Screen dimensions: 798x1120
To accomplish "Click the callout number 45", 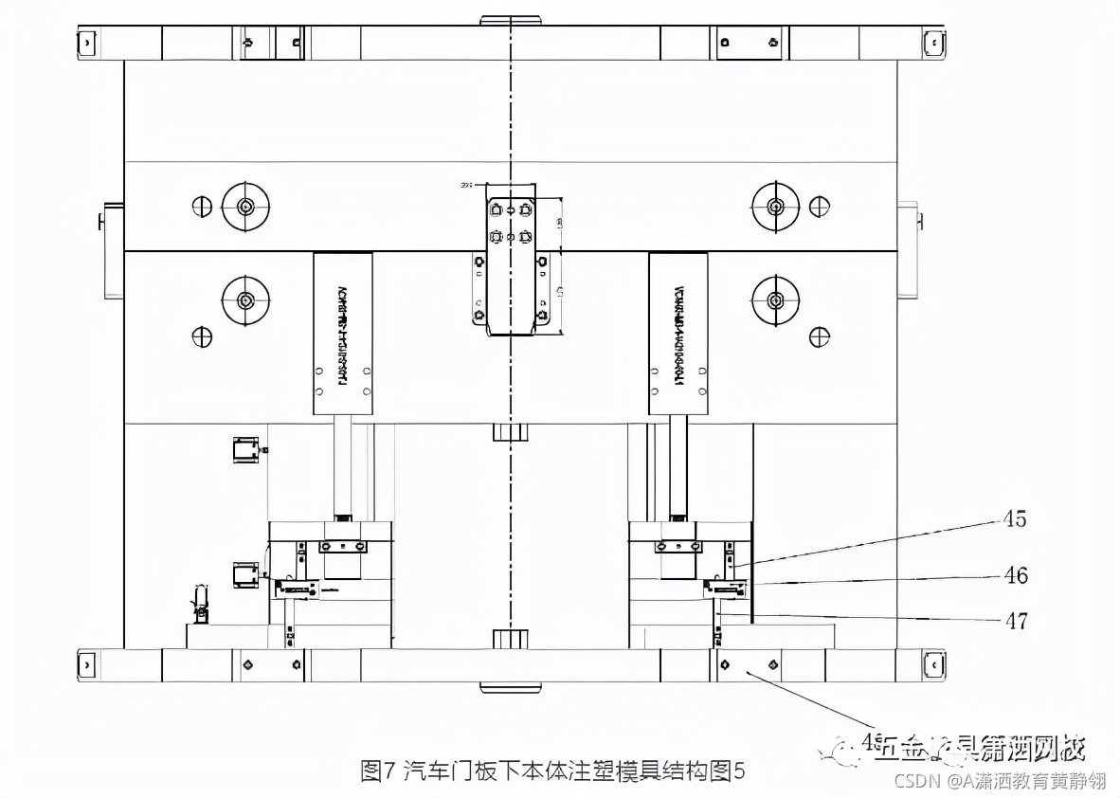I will coord(1015,519).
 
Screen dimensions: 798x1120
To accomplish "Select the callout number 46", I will coord(1016,575).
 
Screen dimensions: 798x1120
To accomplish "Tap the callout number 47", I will coord(1016,621).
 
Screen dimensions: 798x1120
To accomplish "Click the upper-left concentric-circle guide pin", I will coord(245,207).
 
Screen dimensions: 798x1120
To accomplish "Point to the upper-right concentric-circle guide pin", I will coord(775,206).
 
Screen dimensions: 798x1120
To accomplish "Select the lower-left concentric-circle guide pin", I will coord(245,300).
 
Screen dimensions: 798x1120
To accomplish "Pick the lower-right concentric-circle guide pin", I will coord(775,300).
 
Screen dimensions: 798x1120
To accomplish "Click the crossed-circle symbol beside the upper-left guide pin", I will coord(201,206).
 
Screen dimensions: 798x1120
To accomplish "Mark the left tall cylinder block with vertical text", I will coord(342,334).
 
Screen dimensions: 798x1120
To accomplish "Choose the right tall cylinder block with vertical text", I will coord(678,334).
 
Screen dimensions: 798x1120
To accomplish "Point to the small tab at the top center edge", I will coord(512,20).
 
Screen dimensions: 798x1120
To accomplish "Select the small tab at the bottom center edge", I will coord(512,685).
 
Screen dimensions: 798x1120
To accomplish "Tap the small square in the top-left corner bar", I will coord(87,43).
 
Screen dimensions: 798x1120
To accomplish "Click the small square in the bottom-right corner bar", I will coord(933,665).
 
